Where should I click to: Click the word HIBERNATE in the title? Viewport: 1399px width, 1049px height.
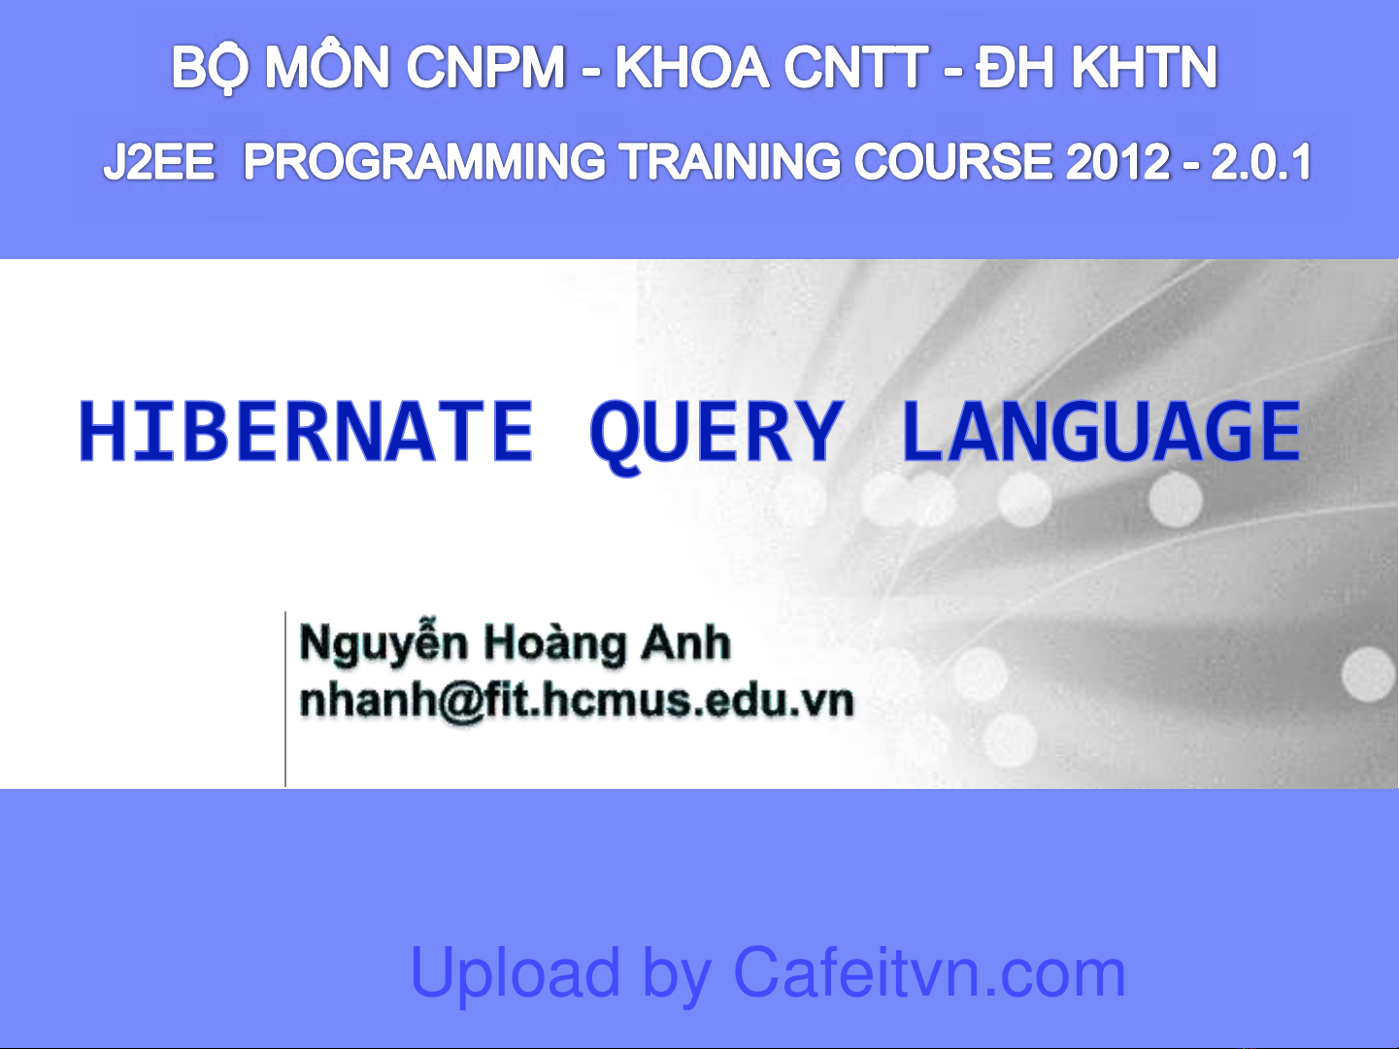[306, 430]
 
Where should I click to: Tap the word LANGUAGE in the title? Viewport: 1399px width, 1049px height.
[1101, 430]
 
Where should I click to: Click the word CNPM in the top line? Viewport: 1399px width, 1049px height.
[485, 67]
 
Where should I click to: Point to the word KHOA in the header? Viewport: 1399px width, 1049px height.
[692, 67]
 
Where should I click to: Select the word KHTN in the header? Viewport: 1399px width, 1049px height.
[1145, 67]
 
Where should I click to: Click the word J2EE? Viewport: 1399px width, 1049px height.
[159, 162]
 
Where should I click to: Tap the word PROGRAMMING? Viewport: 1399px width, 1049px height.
[424, 162]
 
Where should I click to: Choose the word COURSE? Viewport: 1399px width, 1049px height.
[952, 162]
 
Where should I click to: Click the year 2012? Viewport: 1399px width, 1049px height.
[1117, 162]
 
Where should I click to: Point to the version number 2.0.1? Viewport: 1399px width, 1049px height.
[1261, 162]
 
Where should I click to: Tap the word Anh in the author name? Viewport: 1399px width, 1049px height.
[685, 642]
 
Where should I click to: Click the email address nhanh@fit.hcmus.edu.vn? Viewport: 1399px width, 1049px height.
[576, 701]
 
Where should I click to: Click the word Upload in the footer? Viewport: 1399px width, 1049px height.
[516, 972]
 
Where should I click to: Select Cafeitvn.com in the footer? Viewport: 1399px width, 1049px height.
[930, 971]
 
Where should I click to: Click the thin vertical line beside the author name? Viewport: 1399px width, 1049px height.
[284, 699]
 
